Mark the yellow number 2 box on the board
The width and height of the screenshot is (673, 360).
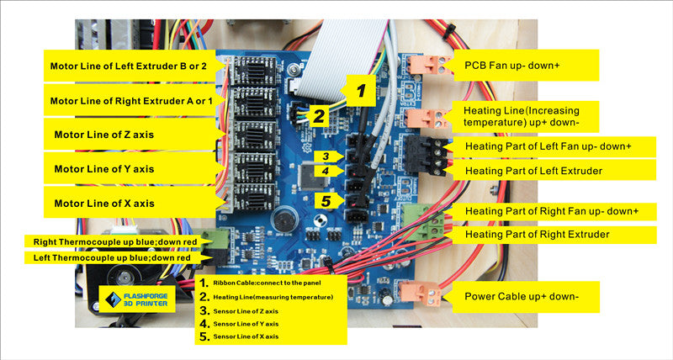(320, 115)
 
